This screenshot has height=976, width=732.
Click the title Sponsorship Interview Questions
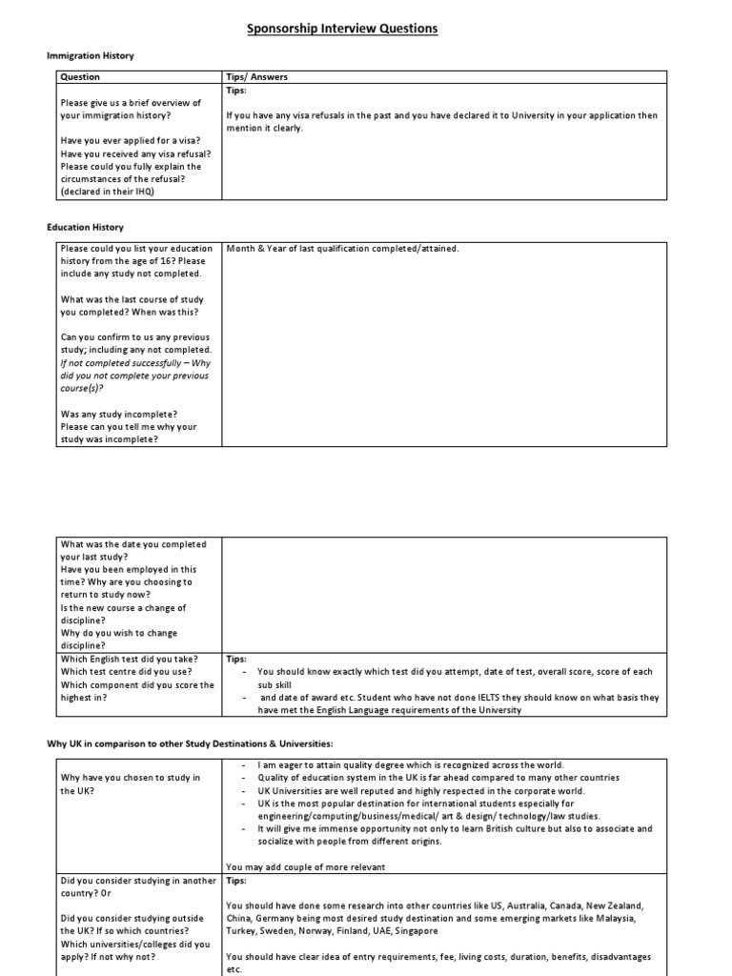click(x=342, y=29)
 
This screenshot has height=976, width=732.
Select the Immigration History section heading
click(x=91, y=56)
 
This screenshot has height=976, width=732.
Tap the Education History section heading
click(x=86, y=228)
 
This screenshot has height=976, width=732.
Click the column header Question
click(x=80, y=77)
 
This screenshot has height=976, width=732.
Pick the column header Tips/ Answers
click(x=256, y=77)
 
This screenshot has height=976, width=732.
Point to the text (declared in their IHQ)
click(x=108, y=191)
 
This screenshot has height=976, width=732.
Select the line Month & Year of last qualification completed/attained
click(x=342, y=249)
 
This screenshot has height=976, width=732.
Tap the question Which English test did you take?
click(x=130, y=659)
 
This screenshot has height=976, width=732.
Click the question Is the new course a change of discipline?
click(x=123, y=614)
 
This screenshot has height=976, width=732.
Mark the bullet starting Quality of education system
click(x=437, y=778)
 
